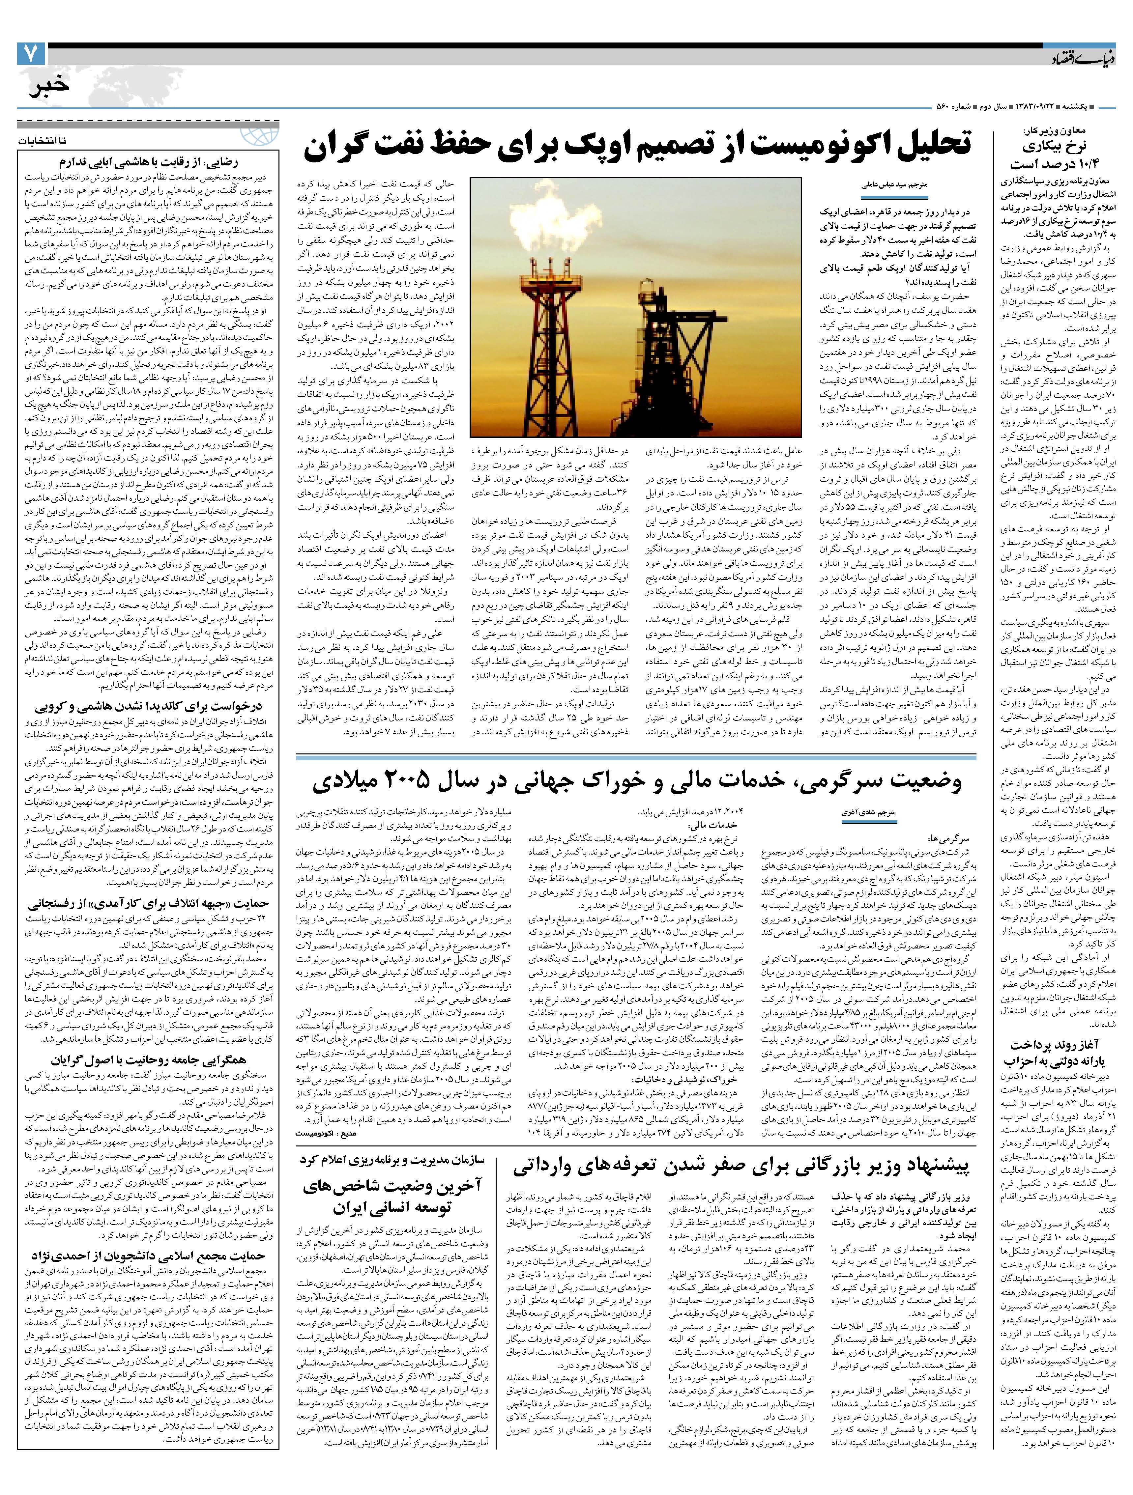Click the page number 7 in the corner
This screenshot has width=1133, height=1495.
click(x=30, y=54)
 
